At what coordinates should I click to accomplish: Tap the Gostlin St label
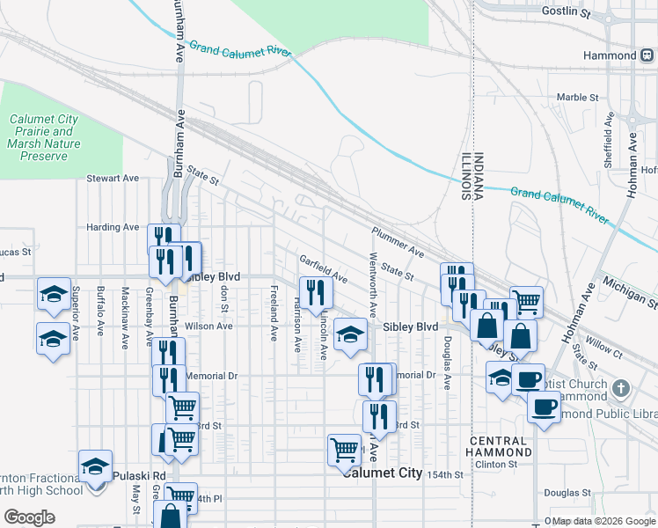click(567, 11)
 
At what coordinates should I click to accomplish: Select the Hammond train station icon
click(647, 55)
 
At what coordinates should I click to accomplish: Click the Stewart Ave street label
click(113, 178)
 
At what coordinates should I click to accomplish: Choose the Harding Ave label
click(113, 227)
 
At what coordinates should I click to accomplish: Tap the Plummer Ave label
click(398, 242)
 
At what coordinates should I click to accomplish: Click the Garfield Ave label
click(323, 269)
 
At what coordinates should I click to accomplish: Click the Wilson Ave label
click(208, 326)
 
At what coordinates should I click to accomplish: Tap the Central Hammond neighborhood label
click(501, 446)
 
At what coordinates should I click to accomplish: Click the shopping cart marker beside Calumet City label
click(344, 450)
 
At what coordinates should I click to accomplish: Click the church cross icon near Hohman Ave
click(621, 387)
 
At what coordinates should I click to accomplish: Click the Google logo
click(29, 517)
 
